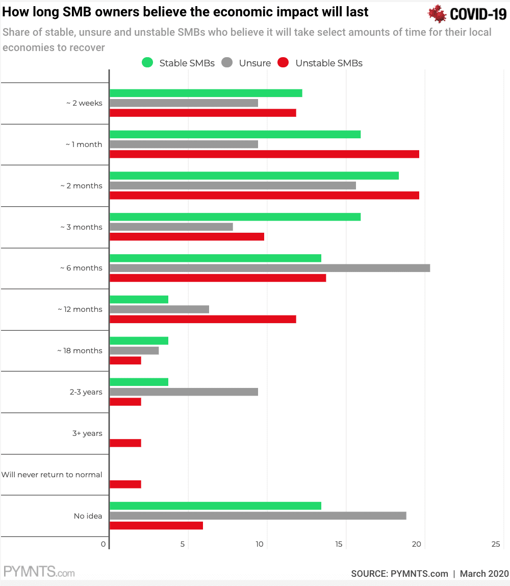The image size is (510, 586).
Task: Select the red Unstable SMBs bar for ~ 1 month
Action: [264, 154]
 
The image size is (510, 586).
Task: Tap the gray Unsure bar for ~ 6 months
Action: [270, 268]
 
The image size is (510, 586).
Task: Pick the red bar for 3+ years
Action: [125, 443]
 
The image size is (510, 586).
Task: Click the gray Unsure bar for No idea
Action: [258, 516]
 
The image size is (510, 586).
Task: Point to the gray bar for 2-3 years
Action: [184, 392]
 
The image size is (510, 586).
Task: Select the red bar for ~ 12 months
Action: [203, 319]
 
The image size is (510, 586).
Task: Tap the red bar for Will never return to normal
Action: [125, 484]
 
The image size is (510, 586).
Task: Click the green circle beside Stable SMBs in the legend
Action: [147, 63]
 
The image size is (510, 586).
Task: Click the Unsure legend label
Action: [255, 63]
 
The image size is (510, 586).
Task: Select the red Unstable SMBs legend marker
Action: [284, 63]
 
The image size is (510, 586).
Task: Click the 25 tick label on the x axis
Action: [496, 545]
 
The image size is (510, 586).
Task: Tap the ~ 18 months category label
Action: [80, 351]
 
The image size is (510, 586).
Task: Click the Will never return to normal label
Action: [52, 475]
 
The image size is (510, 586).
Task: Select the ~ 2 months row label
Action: [81, 186]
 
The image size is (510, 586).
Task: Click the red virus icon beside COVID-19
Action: [437, 14]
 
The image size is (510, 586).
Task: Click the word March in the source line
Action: [473, 574]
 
